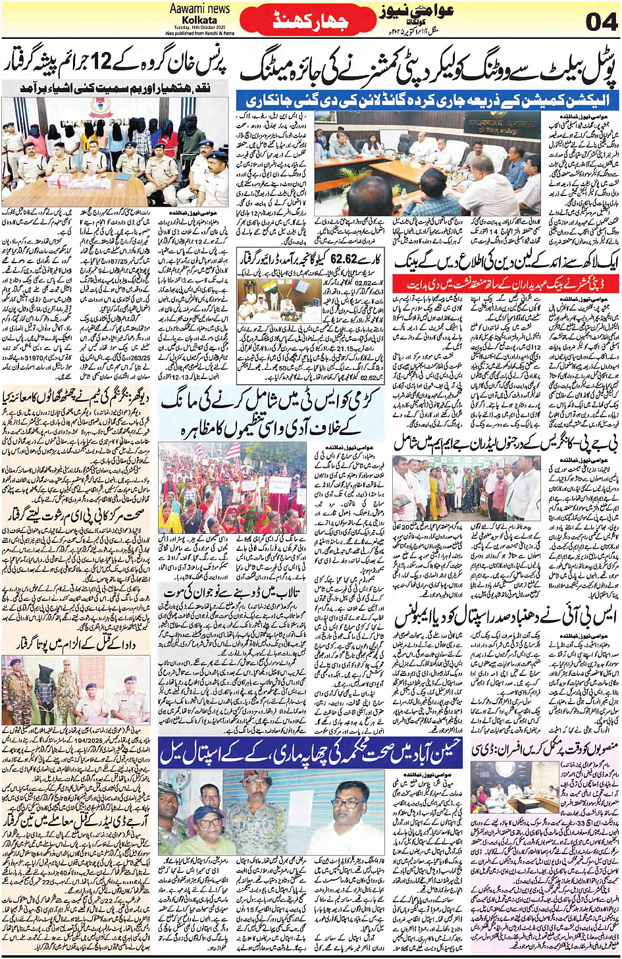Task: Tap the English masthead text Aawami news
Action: pyautogui.click(x=199, y=9)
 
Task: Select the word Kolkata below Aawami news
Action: pyautogui.click(x=199, y=20)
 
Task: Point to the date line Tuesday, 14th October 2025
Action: pyautogui.click(x=200, y=27)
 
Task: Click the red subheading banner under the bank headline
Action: pyautogui.click(x=505, y=284)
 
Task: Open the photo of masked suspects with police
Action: pyautogui.click(x=115, y=152)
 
